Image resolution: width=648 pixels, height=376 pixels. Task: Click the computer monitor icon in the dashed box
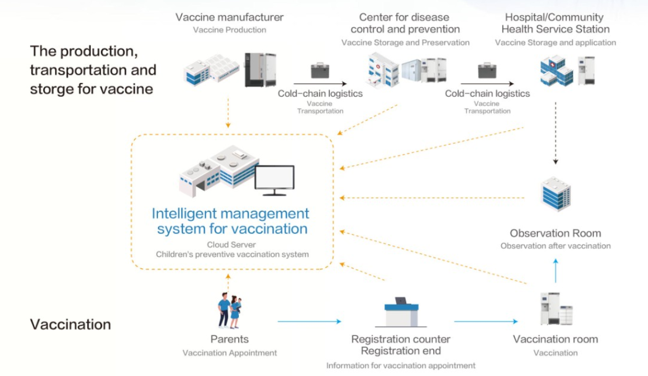[x=274, y=180]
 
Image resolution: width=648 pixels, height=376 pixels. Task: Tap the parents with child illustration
[x=230, y=311]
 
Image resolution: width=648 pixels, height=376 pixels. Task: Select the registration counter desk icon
[x=401, y=312]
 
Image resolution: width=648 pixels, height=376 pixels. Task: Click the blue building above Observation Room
[x=556, y=194]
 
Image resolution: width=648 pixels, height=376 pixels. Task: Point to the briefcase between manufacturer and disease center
[x=320, y=70]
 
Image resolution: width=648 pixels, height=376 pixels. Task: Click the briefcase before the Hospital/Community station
[x=487, y=70]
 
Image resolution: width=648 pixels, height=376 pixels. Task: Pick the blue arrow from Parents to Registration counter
[x=309, y=321]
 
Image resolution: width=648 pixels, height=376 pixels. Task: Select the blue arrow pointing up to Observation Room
[x=556, y=270]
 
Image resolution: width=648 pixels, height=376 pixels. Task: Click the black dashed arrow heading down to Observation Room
[x=556, y=133]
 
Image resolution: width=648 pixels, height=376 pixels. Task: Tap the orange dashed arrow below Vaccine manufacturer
[x=228, y=113]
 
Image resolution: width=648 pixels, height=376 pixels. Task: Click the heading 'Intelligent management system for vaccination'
[x=231, y=221]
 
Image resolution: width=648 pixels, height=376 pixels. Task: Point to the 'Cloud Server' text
[x=232, y=245]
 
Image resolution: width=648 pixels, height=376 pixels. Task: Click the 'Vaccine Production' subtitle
[x=230, y=30]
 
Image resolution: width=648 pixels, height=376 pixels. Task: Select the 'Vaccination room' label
[x=556, y=339]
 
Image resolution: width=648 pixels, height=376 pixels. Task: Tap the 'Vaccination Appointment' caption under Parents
[x=230, y=353]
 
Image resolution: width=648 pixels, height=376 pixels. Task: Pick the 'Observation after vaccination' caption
[x=556, y=246]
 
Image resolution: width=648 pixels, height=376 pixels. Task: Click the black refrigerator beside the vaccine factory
[x=261, y=70]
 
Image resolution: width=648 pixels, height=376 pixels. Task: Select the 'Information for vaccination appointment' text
[x=401, y=365]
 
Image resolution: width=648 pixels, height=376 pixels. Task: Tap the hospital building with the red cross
[x=557, y=71]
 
